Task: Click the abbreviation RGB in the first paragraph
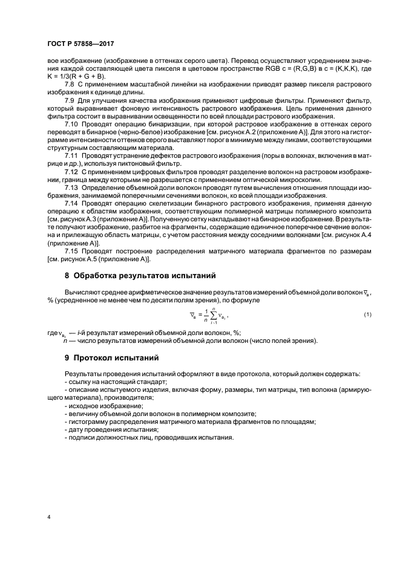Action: point(251,68)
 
